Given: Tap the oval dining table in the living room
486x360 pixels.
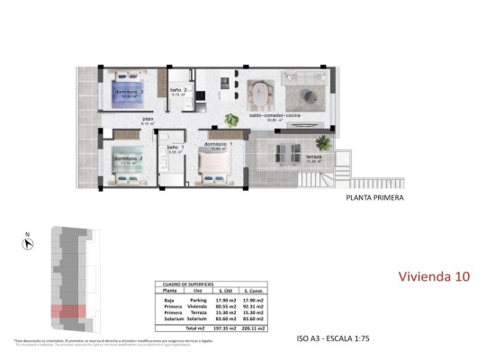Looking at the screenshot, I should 259,93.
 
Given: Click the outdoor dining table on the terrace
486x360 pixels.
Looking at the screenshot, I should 290,152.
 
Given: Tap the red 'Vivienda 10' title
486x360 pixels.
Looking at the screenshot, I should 433,276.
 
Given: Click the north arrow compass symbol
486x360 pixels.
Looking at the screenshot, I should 28,239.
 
